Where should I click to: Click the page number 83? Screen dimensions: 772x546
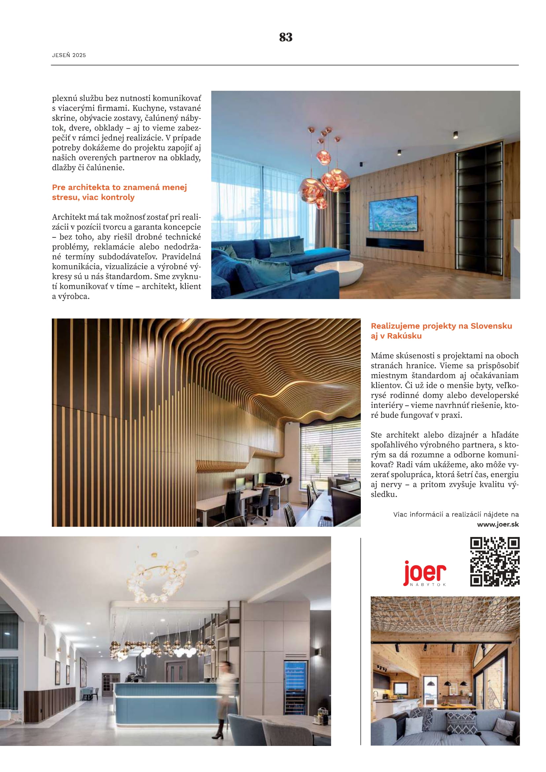[286, 37]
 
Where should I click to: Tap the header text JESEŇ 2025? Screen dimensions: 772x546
[69, 55]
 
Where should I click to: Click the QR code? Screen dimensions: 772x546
[495, 562]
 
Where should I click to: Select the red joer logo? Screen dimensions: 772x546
[424, 573]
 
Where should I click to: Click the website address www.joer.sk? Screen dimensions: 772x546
[497, 524]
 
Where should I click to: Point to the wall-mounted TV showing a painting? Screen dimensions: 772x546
[393, 214]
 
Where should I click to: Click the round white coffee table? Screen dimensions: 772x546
[339, 272]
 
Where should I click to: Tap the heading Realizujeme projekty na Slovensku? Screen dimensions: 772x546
[441, 326]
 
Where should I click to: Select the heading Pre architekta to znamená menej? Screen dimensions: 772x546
[119, 187]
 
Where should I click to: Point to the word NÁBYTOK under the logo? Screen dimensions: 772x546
[428, 585]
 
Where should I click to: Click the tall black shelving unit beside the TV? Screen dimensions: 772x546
[479, 209]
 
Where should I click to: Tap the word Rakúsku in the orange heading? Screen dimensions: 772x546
[404, 336]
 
